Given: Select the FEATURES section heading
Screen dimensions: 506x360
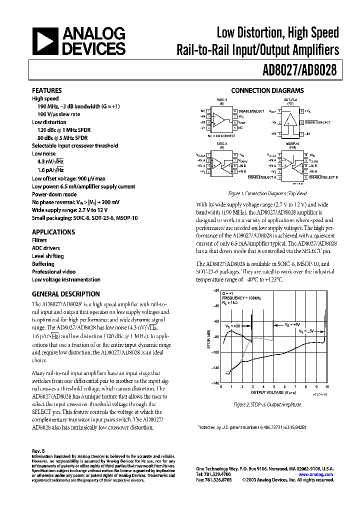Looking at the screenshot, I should [x=46, y=90].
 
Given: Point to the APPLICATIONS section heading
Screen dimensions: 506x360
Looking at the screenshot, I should [x=53, y=232].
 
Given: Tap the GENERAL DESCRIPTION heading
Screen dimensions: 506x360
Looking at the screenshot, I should [x=65, y=294].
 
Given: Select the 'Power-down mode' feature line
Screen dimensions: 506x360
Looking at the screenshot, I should [x=54, y=194].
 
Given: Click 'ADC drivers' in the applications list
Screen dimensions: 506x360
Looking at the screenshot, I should [x=45, y=248].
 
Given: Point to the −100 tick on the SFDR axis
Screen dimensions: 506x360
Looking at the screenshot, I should [x=215, y=352].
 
